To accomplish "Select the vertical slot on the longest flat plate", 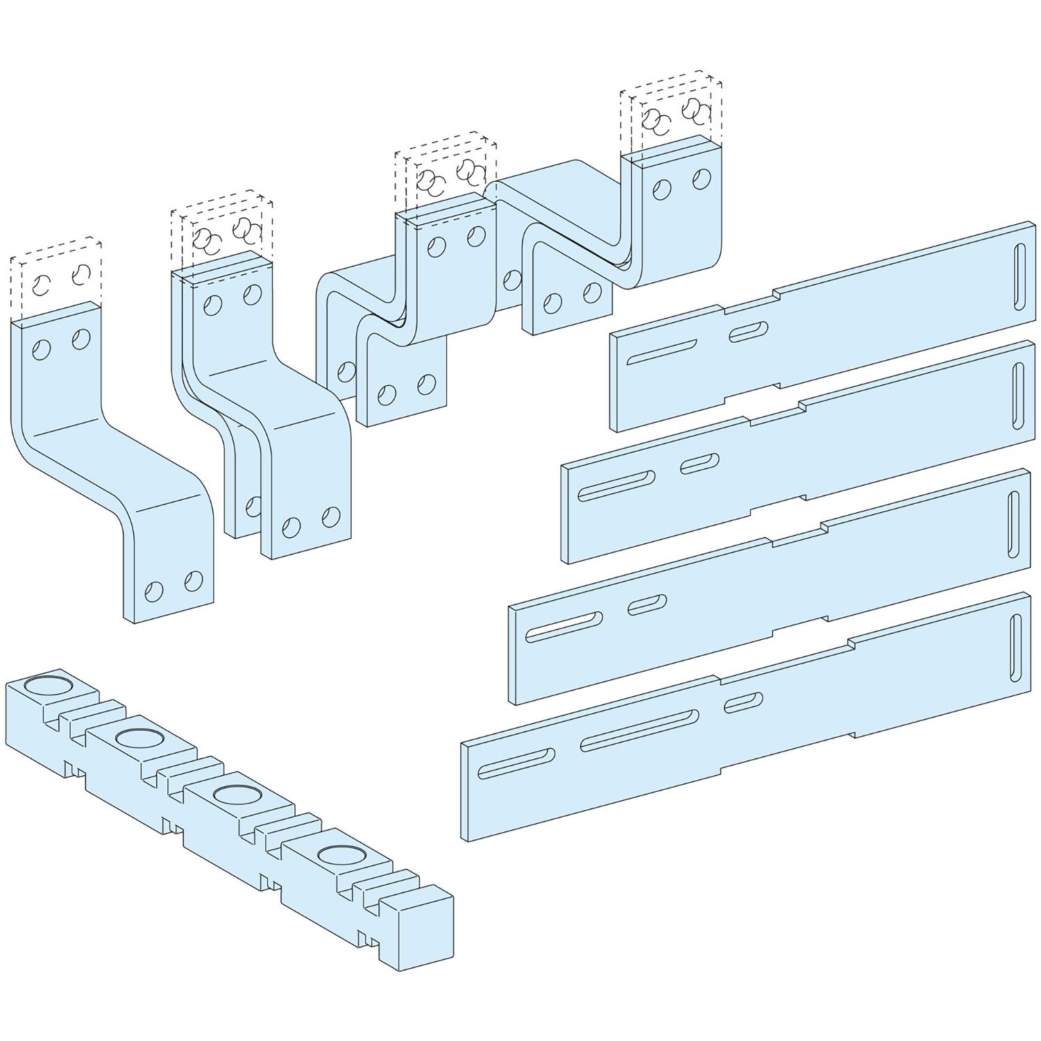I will tap(1017, 645).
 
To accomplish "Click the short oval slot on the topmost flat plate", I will tap(747, 331).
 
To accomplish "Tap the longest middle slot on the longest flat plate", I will tap(639, 730).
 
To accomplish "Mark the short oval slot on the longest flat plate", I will tap(743, 702).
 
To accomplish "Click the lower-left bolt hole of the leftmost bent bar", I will tap(153, 591).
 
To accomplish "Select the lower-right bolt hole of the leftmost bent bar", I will tap(194, 580).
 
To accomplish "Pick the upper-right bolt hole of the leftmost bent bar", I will tap(81, 339).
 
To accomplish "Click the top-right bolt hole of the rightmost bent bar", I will tap(702, 178).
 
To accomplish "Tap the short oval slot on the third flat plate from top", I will tap(647, 604).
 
